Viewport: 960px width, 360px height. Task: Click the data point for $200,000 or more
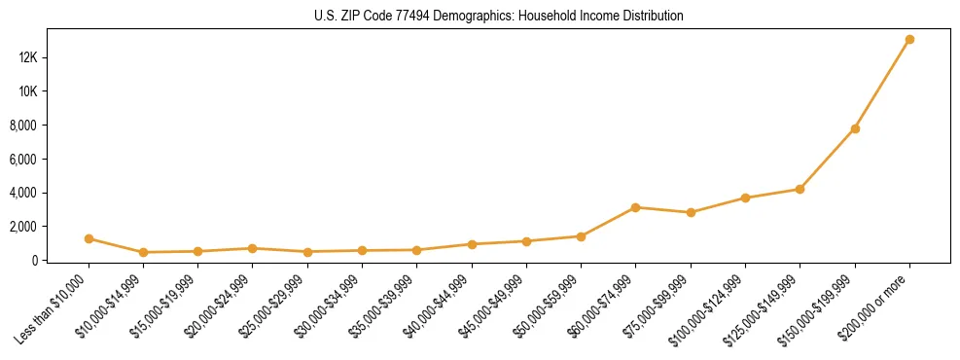(x=909, y=40)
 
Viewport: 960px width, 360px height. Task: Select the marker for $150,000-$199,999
(x=855, y=128)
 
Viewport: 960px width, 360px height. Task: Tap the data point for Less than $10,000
(x=89, y=238)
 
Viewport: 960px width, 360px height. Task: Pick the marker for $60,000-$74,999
(x=635, y=207)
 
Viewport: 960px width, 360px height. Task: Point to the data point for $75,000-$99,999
(x=691, y=212)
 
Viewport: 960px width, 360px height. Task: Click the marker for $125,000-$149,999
(x=800, y=189)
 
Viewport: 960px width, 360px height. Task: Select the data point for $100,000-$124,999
(x=745, y=198)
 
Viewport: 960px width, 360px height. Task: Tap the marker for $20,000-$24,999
(x=253, y=248)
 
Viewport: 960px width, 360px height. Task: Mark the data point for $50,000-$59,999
(x=581, y=236)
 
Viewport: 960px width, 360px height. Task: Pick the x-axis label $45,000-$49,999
(x=493, y=308)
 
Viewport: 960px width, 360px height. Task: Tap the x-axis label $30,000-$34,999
(x=329, y=308)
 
